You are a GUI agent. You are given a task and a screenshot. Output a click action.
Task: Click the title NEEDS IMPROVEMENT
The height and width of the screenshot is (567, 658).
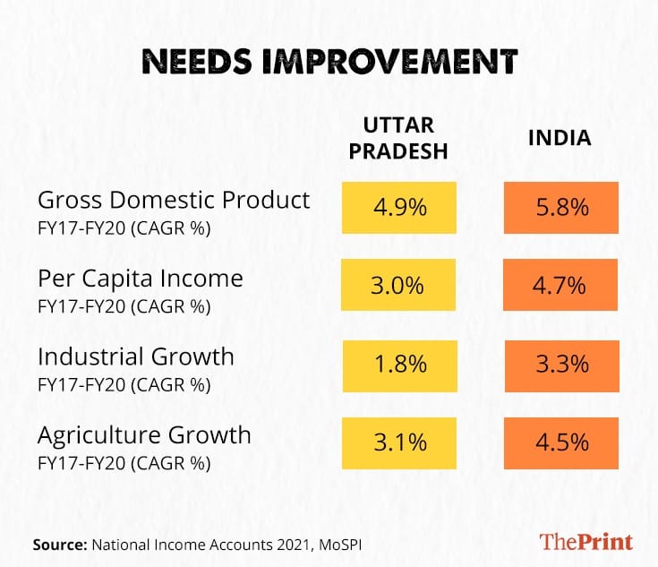329,61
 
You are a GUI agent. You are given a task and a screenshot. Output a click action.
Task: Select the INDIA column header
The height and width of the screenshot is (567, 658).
560,139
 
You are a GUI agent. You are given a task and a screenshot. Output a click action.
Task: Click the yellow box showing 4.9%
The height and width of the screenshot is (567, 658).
398,208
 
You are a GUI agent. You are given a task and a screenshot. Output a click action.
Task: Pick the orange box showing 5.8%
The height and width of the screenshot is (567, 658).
560,208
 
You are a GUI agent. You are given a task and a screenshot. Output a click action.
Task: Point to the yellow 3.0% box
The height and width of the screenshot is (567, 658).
398,286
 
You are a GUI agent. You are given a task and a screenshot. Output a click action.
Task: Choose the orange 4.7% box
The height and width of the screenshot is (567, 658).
560,286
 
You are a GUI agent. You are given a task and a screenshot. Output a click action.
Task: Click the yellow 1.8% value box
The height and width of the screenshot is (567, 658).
398,365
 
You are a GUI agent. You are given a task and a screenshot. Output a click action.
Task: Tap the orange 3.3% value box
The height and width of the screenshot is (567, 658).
560,365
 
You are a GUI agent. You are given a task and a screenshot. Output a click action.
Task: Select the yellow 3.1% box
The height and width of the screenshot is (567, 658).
398,442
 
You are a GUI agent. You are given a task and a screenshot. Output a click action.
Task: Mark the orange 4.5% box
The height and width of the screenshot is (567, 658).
560,442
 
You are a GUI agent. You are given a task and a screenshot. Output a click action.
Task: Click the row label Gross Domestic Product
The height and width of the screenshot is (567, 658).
174,200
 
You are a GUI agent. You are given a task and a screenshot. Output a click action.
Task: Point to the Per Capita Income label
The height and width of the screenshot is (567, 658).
140,279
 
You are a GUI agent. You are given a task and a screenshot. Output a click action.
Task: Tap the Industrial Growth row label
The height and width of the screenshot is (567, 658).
135,357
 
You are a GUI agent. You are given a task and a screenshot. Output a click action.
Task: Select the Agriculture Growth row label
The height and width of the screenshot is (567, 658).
144,435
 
